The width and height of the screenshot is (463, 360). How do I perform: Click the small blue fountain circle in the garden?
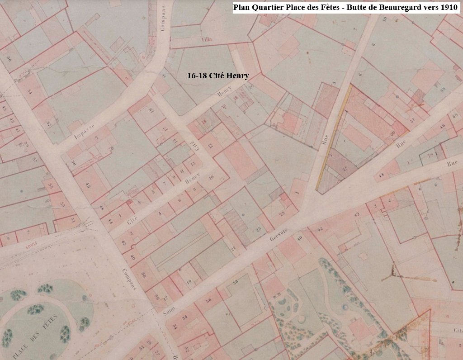[346, 308]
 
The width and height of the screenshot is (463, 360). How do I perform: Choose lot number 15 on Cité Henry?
[193, 164]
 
